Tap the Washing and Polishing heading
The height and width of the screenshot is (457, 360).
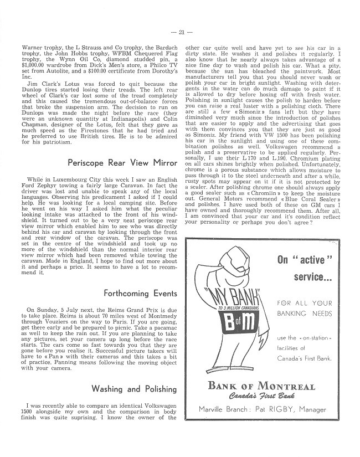pyautogui.click(x=135, y=388)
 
